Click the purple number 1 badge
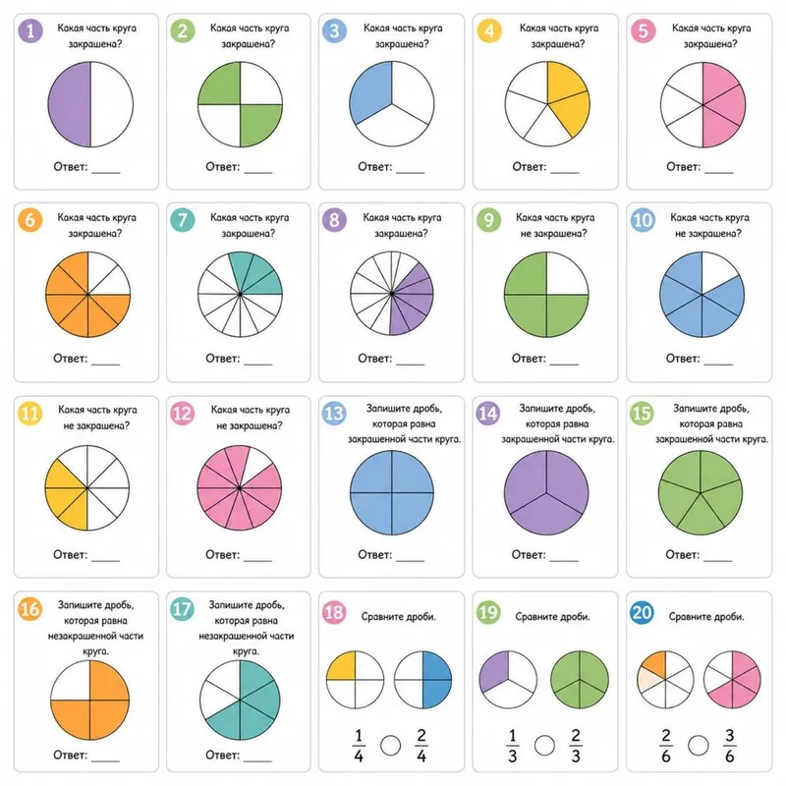[x=30, y=30]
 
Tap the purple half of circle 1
[x=69, y=104]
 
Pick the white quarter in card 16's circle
[x=71, y=682]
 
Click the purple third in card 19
[x=495, y=672]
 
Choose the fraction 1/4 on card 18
[x=359, y=746]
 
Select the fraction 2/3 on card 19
[x=576, y=746]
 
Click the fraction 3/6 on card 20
[x=729, y=746]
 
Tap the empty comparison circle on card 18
[x=390, y=746]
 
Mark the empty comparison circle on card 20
[x=698, y=746]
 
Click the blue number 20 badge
[x=643, y=612]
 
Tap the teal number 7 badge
[x=183, y=219]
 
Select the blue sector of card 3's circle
[x=372, y=92]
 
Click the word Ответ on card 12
[x=223, y=554]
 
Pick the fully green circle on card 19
[x=580, y=680]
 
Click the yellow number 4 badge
[x=489, y=30]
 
